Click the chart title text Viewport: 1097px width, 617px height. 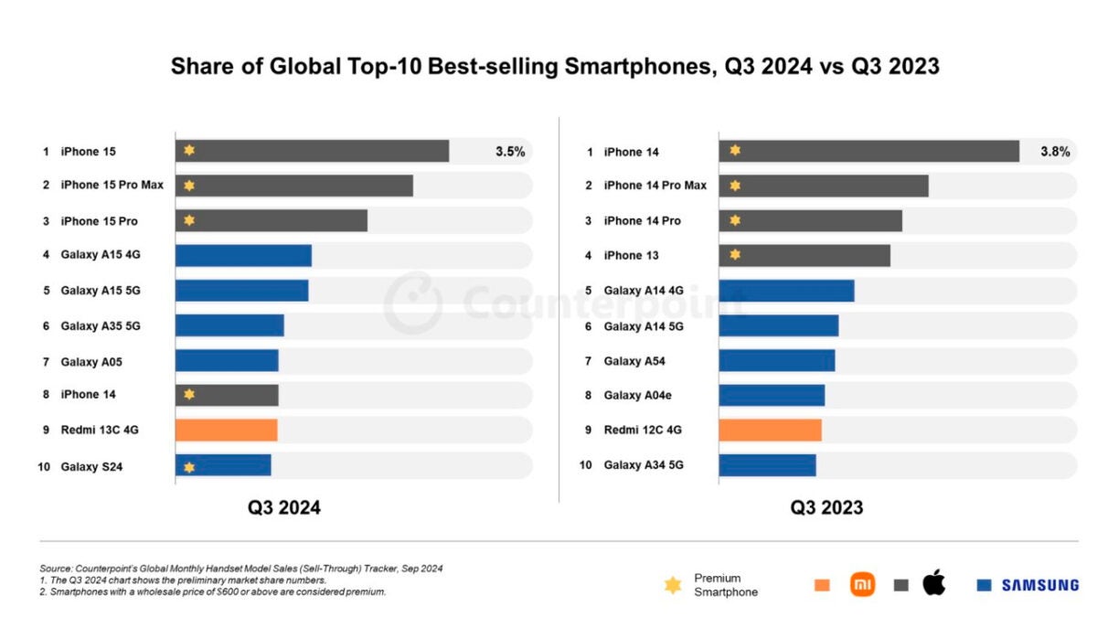click(x=555, y=66)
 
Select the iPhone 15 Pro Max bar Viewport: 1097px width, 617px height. click(x=294, y=186)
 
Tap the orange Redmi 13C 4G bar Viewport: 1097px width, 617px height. click(x=227, y=430)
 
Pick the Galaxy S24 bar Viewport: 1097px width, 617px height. click(x=223, y=465)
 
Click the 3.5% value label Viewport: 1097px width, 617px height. click(x=510, y=152)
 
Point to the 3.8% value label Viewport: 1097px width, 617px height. click(x=1055, y=152)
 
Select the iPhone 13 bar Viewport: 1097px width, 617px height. click(x=804, y=256)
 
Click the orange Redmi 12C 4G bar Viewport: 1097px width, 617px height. click(x=771, y=430)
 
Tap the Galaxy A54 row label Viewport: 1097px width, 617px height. click(x=634, y=361)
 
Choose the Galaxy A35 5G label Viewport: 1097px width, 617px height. click(x=101, y=326)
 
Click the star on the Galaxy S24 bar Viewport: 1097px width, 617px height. click(x=189, y=468)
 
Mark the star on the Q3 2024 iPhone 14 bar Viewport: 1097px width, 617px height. click(x=189, y=394)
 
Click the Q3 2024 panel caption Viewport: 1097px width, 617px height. click(x=284, y=508)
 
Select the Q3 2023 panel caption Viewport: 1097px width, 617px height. click(x=826, y=508)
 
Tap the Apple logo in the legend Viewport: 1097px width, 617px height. click(x=934, y=582)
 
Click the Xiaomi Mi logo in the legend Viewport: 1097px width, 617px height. click(x=862, y=584)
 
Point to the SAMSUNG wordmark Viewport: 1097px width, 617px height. click(x=1040, y=585)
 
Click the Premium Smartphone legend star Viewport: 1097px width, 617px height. click(x=673, y=585)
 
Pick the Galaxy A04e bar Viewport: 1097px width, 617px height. click(x=772, y=396)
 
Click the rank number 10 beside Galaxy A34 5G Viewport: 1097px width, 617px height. click(x=586, y=465)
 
